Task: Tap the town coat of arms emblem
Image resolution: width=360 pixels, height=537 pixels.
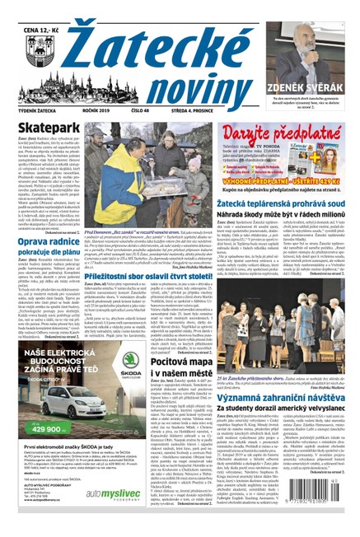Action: (24, 41)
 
